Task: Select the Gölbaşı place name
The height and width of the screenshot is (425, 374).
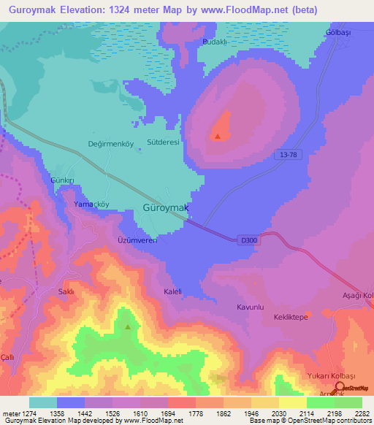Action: pos(339,34)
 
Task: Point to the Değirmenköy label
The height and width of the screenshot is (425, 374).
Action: pos(111,144)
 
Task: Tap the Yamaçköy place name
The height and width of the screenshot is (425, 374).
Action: pos(91,205)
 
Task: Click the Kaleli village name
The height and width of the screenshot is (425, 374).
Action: pos(173,291)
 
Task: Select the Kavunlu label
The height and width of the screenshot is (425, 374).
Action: pos(250,307)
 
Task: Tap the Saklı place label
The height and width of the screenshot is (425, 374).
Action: pos(66,291)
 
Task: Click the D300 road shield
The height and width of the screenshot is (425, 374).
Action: pos(248,239)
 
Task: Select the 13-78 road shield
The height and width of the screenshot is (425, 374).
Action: pos(289,154)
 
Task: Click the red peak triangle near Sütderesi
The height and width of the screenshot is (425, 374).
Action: pos(218,136)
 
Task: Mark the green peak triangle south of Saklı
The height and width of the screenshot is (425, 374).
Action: pos(129,327)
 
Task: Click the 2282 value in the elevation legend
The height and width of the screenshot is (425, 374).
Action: pos(361,414)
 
